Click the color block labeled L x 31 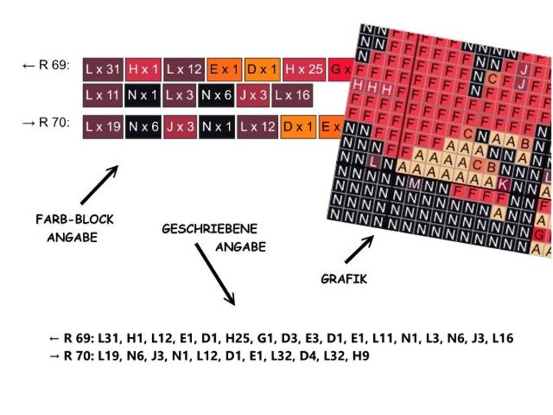(x=103, y=69)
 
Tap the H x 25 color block (x=304, y=69)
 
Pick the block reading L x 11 (x=103, y=95)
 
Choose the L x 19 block (x=103, y=126)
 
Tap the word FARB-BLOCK (x=75, y=220)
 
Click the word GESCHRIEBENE (x=209, y=229)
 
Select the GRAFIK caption (x=343, y=279)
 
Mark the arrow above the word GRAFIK (x=359, y=250)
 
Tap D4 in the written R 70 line (x=300, y=356)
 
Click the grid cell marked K (x=502, y=184)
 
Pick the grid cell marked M (x=415, y=183)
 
